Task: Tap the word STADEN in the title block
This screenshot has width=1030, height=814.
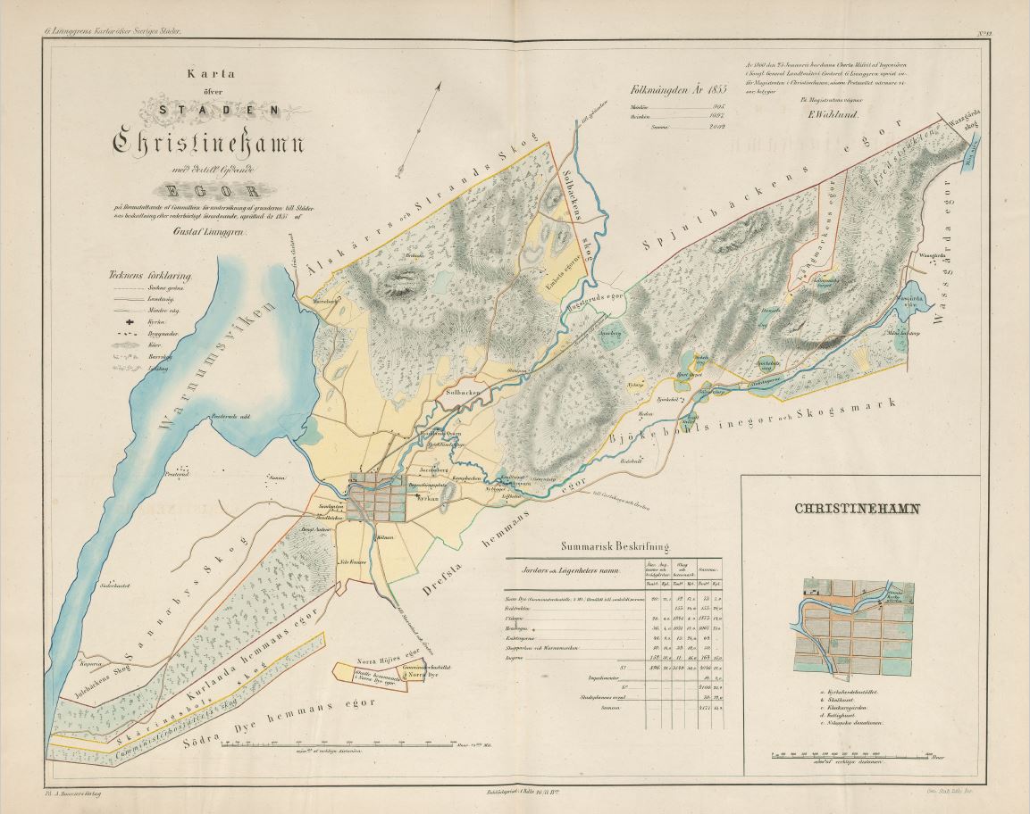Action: coord(206,111)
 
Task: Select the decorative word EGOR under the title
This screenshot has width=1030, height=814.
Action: coord(207,190)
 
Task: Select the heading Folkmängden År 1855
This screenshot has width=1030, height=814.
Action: coord(679,89)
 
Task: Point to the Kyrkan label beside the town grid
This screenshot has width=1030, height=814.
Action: coord(427,500)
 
